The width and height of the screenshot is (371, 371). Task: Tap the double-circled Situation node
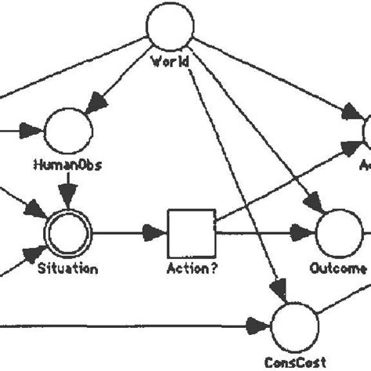tap(68, 232)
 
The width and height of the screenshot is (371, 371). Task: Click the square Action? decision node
tap(191, 232)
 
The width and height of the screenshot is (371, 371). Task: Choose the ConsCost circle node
tap(294, 324)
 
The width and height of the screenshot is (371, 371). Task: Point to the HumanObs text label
tap(67, 164)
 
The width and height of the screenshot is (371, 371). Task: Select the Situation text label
tap(67, 268)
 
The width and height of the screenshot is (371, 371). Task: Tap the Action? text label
tap(190, 268)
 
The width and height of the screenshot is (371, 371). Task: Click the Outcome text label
tap(339, 268)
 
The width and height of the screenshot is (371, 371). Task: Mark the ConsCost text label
tap(294, 362)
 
